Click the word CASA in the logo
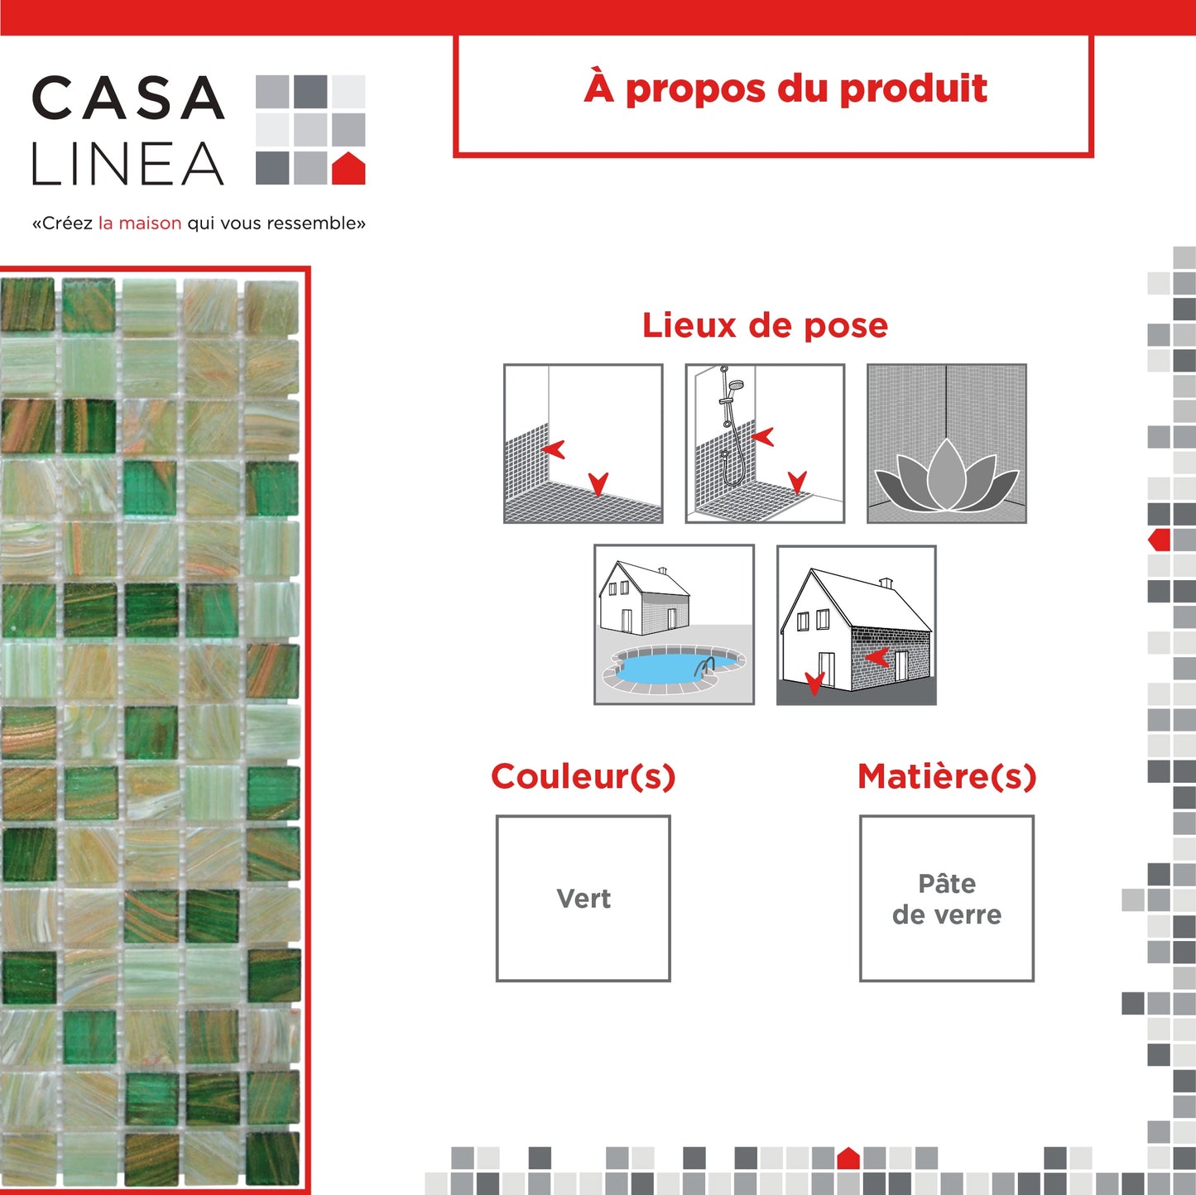coord(127,98)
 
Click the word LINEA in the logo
coord(127,163)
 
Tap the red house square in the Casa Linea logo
coord(348,168)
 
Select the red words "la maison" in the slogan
coord(140,223)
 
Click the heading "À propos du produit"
coord(785,89)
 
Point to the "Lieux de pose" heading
coord(765,325)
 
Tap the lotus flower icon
coord(947,475)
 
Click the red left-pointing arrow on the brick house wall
coord(877,656)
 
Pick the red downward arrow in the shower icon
coord(797,482)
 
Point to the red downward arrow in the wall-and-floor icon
coord(598,484)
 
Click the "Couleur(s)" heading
coord(583,776)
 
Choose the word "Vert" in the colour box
coord(584,898)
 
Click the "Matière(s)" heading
coord(947,776)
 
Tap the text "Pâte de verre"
coord(947,898)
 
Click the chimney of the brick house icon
coord(886,583)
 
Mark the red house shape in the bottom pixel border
coord(848,1159)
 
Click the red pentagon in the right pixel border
coord(1160,540)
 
